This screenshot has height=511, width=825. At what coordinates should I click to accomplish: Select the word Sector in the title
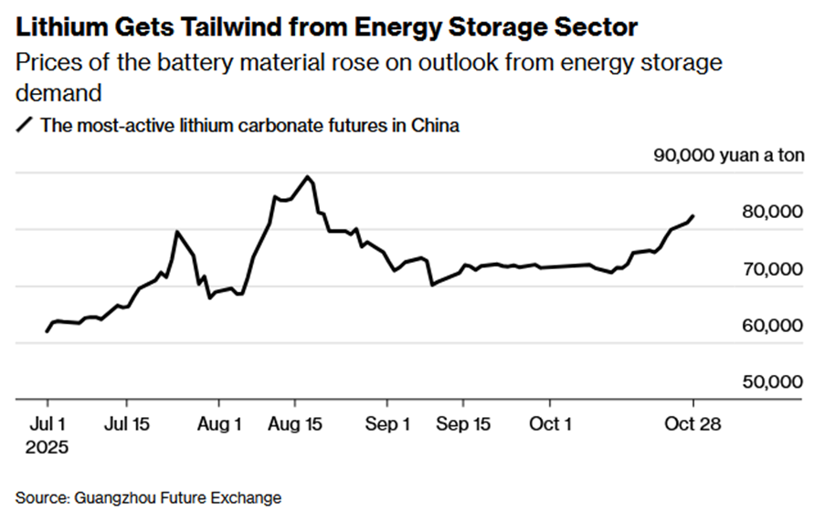tap(586, 27)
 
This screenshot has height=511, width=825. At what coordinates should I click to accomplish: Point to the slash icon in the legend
tap(25, 126)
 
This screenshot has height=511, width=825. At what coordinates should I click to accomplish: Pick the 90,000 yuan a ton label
tap(729, 155)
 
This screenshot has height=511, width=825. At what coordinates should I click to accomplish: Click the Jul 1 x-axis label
tap(47, 424)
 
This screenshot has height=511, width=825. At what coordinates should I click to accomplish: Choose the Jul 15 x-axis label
tap(126, 424)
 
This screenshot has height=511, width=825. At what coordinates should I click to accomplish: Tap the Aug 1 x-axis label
tap(218, 424)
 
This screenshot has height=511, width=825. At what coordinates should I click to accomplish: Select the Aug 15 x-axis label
tap(294, 424)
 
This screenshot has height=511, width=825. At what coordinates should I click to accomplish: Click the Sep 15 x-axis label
tap(462, 424)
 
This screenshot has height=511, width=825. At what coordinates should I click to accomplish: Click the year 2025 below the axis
tap(47, 447)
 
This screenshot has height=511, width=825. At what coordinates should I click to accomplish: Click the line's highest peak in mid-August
tap(308, 177)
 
